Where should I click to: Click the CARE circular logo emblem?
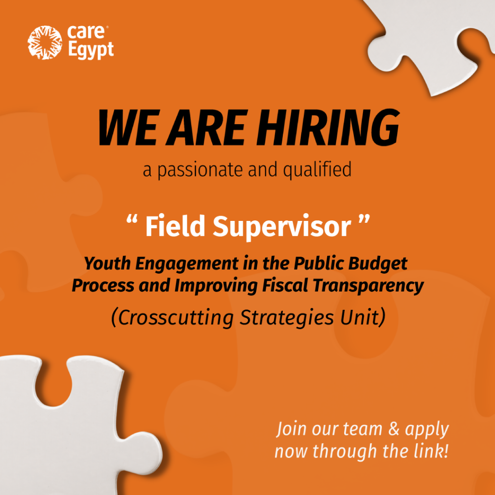click(45, 43)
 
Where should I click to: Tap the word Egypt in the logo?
click(90, 50)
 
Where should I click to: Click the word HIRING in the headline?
click(328, 128)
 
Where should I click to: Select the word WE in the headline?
click(128, 128)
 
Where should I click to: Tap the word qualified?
click(317, 170)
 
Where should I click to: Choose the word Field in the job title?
click(175, 226)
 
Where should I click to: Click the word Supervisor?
click(282, 227)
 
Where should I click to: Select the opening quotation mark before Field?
click(131, 219)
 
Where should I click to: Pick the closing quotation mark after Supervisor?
click(364, 219)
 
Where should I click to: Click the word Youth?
click(107, 263)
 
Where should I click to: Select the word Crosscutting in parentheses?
click(175, 318)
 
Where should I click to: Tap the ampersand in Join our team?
click(393, 429)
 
